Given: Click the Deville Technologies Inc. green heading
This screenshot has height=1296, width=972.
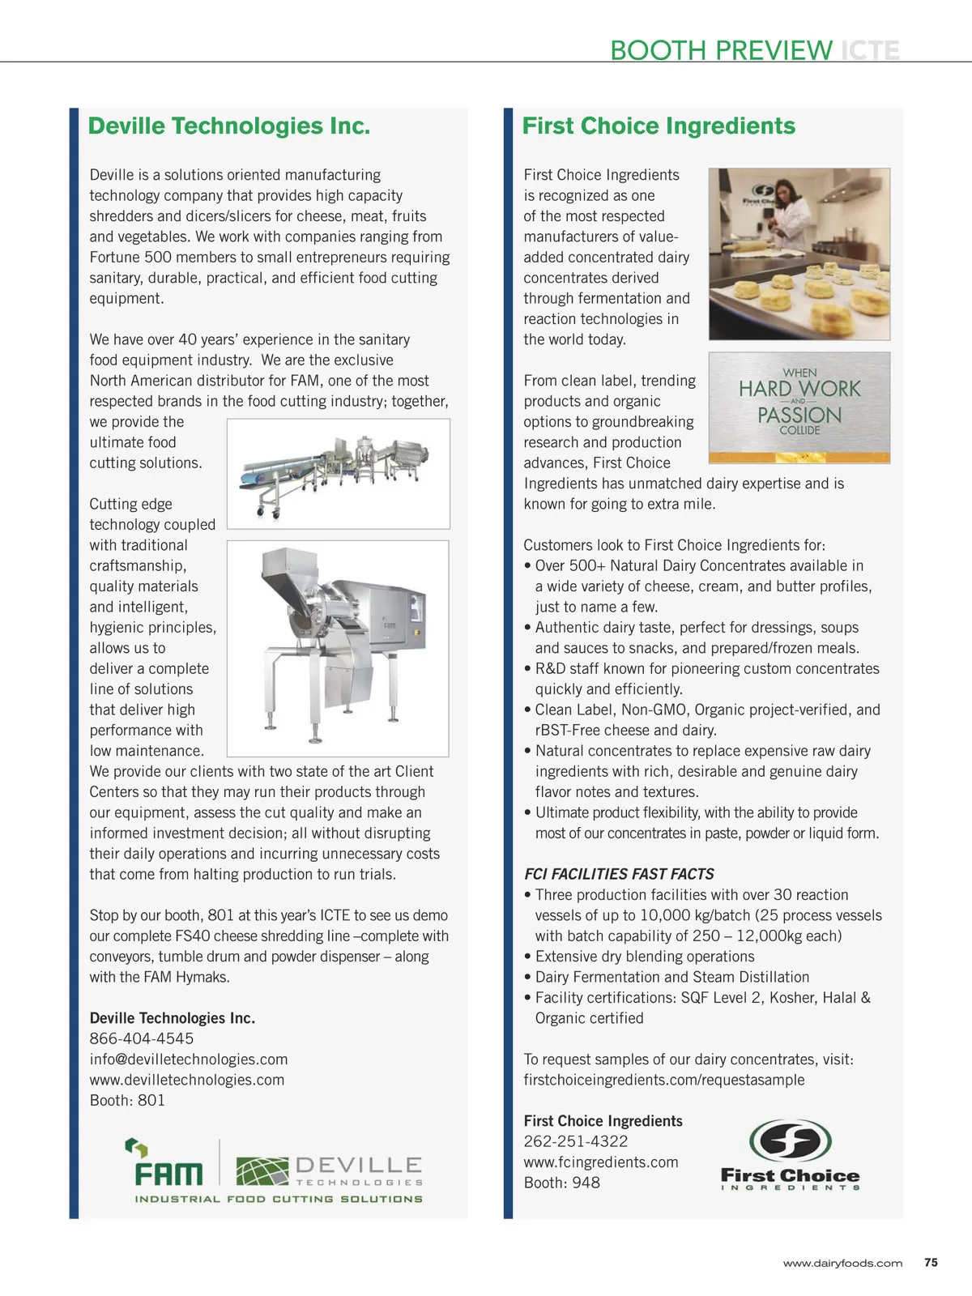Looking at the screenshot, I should point(229,126).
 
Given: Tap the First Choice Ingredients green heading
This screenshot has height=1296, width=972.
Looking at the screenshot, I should point(659,126).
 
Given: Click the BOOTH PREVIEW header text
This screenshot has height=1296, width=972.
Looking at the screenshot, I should point(721,50).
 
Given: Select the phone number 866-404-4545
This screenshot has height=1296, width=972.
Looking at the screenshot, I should point(142,1038).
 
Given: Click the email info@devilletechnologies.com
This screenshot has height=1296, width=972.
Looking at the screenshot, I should point(189,1059).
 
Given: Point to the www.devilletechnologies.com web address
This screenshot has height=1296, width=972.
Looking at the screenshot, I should point(187,1080).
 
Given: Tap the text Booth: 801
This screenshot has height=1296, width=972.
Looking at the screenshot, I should point(127,1100).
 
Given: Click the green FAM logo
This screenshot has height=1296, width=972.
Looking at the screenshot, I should point(168,1164).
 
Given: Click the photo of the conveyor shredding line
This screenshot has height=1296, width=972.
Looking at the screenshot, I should point(339,473).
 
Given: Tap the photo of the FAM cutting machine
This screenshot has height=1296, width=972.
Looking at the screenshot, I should point(338,648).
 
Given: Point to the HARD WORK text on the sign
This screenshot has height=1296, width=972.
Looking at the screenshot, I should point(799,389).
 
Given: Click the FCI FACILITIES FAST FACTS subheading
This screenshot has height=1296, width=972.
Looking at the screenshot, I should point(619,874).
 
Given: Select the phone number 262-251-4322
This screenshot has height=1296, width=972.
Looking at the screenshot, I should point(576,1141).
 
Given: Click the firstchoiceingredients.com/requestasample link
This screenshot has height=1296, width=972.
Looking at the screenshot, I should point(664,1080).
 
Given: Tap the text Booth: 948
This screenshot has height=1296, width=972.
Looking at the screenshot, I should point(562,1183).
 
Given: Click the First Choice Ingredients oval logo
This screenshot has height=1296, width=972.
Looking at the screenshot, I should point(791,1141).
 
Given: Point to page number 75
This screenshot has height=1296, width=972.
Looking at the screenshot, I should point(931,1262).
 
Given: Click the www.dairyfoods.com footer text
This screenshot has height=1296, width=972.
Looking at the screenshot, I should point(842,1263).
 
